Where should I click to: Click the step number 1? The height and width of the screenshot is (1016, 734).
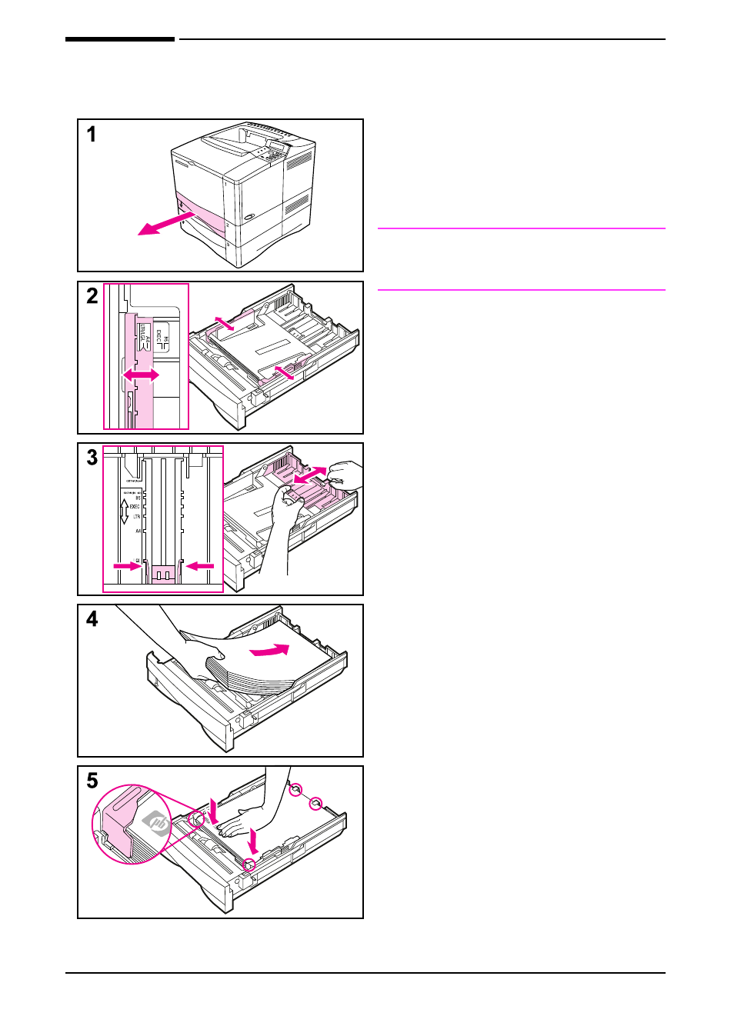click(92, 135)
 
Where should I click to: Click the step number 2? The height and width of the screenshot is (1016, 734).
click(92, 296)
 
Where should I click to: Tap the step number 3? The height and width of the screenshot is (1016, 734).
click(92, 458)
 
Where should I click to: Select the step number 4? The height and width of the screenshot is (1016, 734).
click(92, 619)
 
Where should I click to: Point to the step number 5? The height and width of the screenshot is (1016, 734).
click(92, 781)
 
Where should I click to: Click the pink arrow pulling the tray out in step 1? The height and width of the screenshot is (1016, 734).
click(163, 224)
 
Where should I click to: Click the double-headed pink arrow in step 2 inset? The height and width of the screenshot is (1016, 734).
click(141, 375)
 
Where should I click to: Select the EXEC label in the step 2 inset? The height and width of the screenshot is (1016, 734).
click(159, 337)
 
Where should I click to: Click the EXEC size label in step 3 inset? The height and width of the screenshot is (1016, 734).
click(135, 507)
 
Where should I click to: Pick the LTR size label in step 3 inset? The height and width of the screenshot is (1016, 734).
click(136, 517)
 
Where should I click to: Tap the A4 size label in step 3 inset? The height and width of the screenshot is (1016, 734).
click(138, 531)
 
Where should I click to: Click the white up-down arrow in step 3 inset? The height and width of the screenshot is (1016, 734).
click(124, 511)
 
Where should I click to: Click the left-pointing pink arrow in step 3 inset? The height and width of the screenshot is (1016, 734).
click(201, 566)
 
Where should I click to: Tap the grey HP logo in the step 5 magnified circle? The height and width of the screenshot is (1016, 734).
click(158, 824)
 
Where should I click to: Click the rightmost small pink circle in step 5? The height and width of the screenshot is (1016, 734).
click(315, 804)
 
